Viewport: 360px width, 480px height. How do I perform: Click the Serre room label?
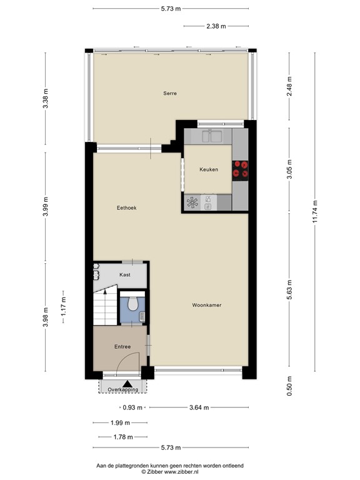coord(169,94)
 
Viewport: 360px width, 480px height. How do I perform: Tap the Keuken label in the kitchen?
coord(209,169)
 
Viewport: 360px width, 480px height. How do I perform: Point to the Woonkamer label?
coord(207,306)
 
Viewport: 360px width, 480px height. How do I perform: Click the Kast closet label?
coord(125,275)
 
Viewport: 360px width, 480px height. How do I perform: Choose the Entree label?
coord(122,346)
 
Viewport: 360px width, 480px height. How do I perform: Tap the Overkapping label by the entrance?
coord(122,390)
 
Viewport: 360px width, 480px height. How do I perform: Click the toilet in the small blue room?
coord(132,304)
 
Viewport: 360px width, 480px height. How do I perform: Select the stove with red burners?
coord(240,169)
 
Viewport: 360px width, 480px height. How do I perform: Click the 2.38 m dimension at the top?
coord(216,26)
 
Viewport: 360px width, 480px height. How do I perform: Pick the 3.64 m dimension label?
coord(199,408)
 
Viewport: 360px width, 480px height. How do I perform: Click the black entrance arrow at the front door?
coord(127,383)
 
